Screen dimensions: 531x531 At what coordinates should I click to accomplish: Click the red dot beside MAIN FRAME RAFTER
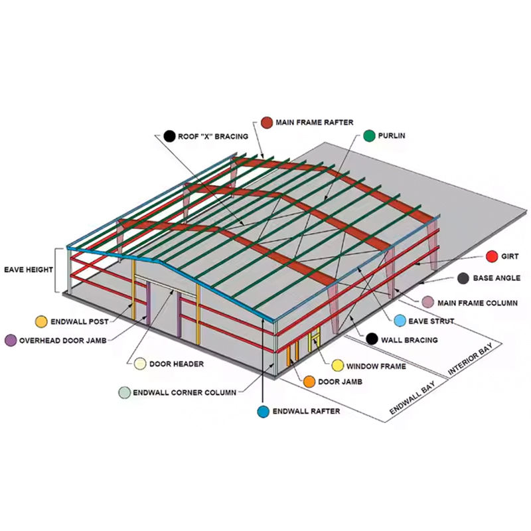tap(267, 122)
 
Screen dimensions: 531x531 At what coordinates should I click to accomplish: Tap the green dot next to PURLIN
tap(368, 135)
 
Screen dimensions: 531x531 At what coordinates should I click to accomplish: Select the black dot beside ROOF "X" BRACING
tap(169, 136)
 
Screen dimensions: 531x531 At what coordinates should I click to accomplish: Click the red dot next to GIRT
tap(492, 256)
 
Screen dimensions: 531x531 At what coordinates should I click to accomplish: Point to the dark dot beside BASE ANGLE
tap(463, 278)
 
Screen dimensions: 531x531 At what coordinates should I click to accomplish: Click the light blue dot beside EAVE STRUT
tap(400, 321)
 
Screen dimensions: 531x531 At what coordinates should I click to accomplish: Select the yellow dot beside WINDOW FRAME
tap(337, 365)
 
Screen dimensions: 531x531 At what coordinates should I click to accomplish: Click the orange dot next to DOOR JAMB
tap(309, 382)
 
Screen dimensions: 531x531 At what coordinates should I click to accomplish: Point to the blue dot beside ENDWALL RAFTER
tap(264, 412)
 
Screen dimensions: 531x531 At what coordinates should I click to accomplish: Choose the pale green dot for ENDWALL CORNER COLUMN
tap(124, 392)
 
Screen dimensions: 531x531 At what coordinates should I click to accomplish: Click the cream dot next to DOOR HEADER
tap(140, 364)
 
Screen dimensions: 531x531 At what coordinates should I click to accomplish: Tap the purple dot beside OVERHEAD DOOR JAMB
tap(11, 340)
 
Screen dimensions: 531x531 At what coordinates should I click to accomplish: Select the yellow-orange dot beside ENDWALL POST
tap(41, 321)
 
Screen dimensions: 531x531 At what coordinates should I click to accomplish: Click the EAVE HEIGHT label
tap(27, 270)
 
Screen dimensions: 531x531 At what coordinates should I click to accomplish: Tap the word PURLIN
tap(391, 135)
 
